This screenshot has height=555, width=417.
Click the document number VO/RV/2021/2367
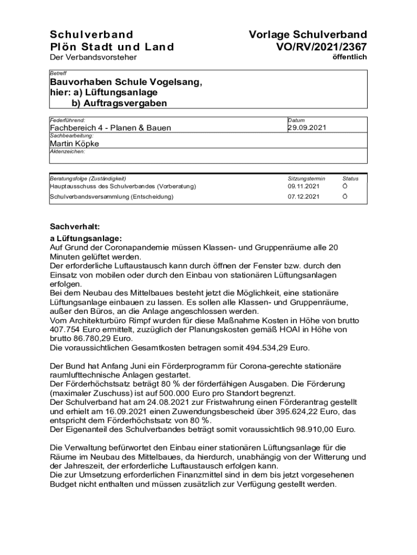pyautogui.click(x=321, y=47)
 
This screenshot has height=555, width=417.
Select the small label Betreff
pyautogui.click(x=57, y=73)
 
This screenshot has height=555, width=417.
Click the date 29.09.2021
pyautogui.click(x=307, y=127)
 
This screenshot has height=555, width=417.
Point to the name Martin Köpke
pyautogui.click(x=74, y=144)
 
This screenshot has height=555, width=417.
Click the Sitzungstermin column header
pyautogui.click(x=307, y=178)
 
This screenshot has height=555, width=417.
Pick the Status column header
pyautogui.click(x=350, y=178)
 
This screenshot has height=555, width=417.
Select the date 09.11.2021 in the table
pyautogui.click(x=304, y=186)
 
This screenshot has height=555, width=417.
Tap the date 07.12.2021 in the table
pyautogui.click(x=304, y=197)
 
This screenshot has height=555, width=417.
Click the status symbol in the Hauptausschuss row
pyautogui.click(x=345, y=186)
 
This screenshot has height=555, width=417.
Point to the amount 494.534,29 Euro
pyautogui.click(x=275, y=347)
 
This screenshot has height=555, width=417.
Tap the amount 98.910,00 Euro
pyautogui.click(x=321, y=430)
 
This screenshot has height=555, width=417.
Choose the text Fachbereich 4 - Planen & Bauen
pyautogui.click(x=110, y=128)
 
